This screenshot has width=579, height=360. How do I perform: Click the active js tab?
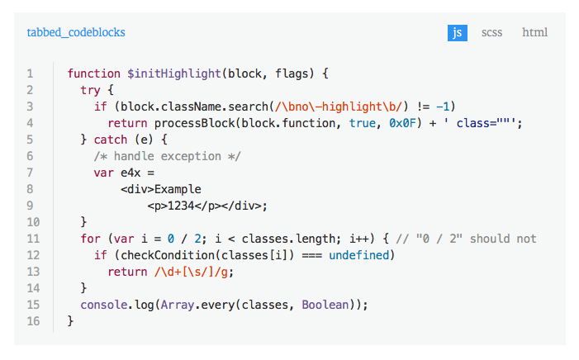(x=458, y=33)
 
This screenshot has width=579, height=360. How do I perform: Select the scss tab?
(x=492, y=33)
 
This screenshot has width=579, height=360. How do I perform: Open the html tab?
(x=534, y=33)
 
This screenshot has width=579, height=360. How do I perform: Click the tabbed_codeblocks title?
(x=76, y=33)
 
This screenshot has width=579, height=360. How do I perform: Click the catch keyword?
(x=111, y=140)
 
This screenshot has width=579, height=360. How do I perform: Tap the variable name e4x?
(x=131, y=173)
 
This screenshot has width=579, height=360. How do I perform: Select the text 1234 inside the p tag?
(x=180, y=206)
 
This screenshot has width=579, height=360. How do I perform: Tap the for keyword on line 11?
(x=90, y=239)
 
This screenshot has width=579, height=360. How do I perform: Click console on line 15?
(x=103, y=305)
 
